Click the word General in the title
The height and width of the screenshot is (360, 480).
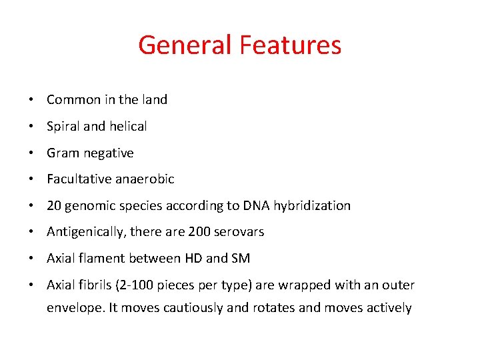tap(185, 45)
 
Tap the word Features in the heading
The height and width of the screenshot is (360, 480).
tap(290, 45)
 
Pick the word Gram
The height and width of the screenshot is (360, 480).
tap(62, 153)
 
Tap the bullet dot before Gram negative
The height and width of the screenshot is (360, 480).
tap(32, 153)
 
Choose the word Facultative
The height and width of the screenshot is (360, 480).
tap(79, 179)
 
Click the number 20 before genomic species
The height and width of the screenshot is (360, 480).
tap(54, 205)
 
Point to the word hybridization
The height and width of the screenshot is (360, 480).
tap(312, 205)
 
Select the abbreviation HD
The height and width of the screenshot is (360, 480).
tap(188, 259)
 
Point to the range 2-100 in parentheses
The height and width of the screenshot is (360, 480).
tap(137, 285)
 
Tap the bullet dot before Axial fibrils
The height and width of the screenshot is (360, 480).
tap(32, 286)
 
